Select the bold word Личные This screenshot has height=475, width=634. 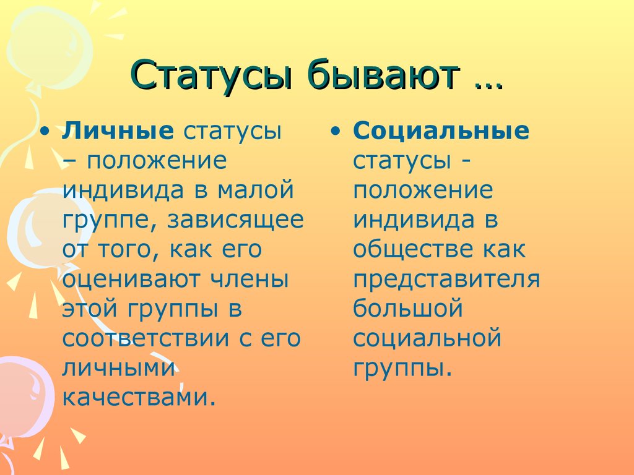(x=118, y=132)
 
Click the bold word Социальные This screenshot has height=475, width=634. (x=441, y=132)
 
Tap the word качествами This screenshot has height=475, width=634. (x=140, y=398)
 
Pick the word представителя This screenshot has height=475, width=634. (x=446, y=280)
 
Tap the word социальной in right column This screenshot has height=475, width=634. (x=427, y=339)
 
